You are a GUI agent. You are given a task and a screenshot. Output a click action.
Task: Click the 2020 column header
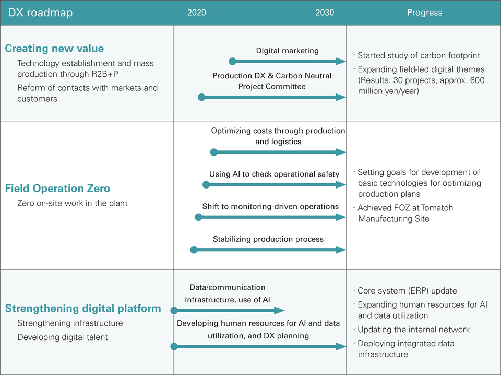197,13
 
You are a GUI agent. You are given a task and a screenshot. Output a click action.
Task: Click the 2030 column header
325,13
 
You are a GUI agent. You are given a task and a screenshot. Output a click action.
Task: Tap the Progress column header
425,13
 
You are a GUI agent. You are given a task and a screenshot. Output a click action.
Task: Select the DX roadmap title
40,13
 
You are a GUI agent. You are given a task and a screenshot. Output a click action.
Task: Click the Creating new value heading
54,48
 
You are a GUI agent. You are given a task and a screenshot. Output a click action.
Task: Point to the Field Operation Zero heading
57,189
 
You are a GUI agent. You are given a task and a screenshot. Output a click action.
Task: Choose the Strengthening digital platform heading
83,308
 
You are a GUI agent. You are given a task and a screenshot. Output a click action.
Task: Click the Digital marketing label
287,51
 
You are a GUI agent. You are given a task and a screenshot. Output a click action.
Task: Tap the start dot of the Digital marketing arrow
233,62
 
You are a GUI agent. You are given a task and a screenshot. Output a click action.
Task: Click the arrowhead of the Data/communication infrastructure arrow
279,310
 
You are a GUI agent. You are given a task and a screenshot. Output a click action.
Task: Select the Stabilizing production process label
268,239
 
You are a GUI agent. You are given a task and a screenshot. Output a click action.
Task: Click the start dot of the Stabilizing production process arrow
194,250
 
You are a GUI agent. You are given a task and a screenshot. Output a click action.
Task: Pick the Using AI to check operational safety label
274,174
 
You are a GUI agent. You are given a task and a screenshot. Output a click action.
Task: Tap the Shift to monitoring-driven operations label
270,206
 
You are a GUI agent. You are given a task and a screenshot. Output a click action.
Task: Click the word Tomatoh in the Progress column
437,208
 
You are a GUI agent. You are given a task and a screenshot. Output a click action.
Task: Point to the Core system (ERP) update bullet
405,290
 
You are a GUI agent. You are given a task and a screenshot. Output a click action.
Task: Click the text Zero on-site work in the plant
72,203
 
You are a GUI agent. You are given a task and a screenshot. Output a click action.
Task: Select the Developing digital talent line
63,337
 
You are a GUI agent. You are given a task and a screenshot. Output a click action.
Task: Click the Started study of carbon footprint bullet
416,55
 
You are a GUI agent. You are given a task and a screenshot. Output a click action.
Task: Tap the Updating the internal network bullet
411,329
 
